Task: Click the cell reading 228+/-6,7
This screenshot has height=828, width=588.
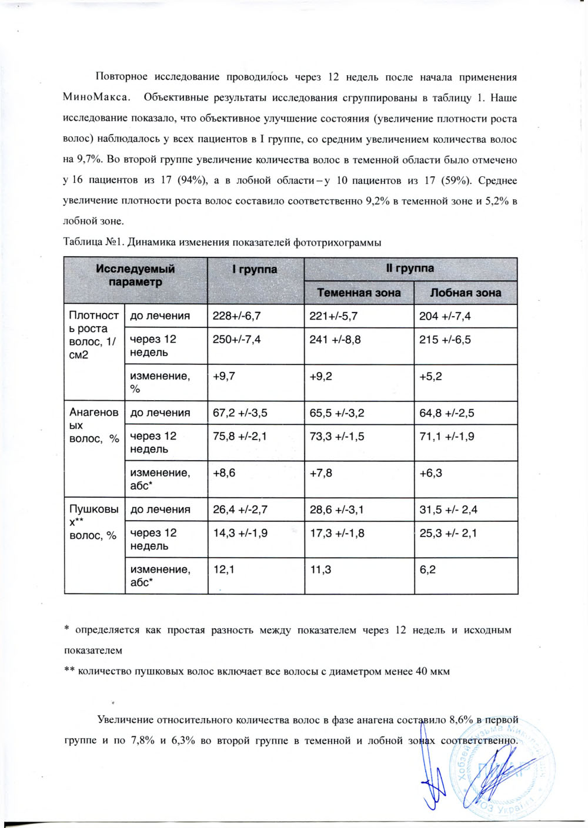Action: coord(237,316)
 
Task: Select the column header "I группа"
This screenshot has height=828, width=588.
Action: coord(255,270)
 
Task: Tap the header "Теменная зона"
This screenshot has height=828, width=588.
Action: coord(359,293)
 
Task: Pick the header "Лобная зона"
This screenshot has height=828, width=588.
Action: coord(465,293)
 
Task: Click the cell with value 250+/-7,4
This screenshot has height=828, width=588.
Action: coord(237,340)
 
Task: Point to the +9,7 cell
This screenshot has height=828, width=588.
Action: coord(224,376)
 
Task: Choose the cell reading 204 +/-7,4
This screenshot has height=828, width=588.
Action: coord(445,316)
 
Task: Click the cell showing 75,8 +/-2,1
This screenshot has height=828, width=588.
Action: coord(240,436)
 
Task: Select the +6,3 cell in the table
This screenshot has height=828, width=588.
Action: coord(431,472)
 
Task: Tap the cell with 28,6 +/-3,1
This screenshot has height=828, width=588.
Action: coord(336,509)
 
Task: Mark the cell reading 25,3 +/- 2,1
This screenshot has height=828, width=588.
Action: coord(448,533)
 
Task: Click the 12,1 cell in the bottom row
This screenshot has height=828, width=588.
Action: coord(223,569)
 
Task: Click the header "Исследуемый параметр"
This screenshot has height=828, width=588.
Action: coord(135,275)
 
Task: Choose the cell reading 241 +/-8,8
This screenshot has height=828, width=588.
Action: coord(335,340)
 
